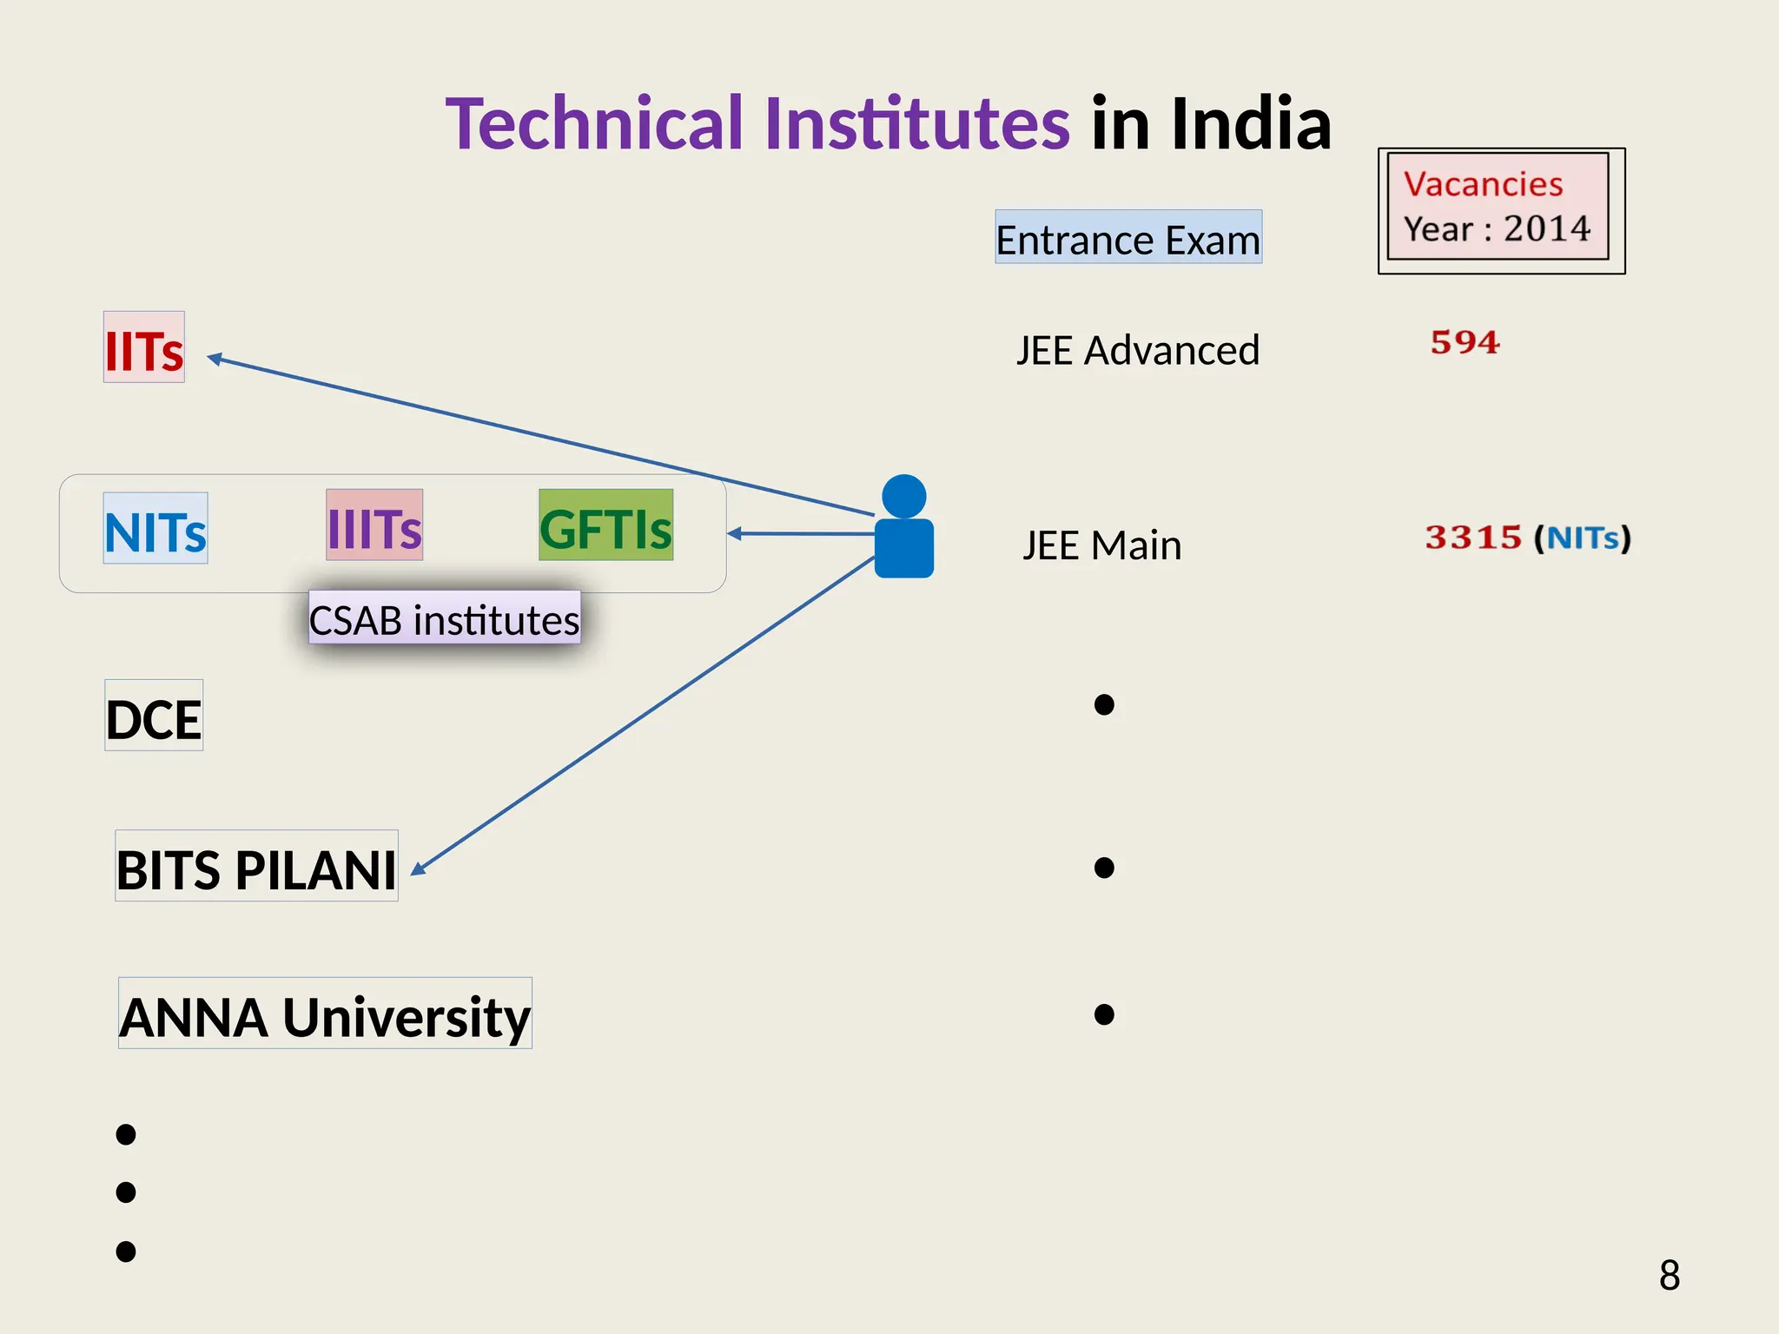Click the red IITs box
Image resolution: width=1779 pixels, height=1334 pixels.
click(x=144, y=347)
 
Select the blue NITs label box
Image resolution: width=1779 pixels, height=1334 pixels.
click(x=155, y=529)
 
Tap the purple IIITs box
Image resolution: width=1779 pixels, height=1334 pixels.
click(x=374, y=525)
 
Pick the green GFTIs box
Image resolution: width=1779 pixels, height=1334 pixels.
click(x=605, y=525)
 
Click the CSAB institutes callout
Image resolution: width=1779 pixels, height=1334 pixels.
click(x=444, y=619)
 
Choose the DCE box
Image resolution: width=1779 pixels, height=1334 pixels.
click(x=154, y=717)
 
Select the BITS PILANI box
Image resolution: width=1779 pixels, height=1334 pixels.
click(x=256, y=867)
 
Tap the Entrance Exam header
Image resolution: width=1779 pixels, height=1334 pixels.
click(x=1128, y=238)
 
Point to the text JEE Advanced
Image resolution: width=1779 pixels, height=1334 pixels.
click(x=1137, y=350)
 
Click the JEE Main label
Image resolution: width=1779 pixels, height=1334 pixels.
click(x=1101, y=545)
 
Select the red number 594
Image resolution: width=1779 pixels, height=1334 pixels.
click(x=1465, y=342)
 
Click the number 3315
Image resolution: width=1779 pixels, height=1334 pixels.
click(x=1473, y=538)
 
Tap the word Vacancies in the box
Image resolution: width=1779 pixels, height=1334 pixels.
click(x=1483, y=184)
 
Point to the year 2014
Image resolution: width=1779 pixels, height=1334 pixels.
click(x=1546, y=229)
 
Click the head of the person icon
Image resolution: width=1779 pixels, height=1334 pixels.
click(x=903, y=496)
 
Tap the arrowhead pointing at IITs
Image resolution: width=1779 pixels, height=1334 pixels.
click(x=214, y=358)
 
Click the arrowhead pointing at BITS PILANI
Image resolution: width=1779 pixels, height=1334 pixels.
click(x=417, y=868)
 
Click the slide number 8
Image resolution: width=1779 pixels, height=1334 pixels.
click(x=1669, y=1275)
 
